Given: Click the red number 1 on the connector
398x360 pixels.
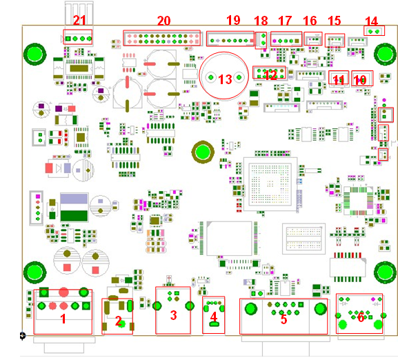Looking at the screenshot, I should click(x=63, y=319).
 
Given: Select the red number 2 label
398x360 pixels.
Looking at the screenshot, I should click(x=118, y=321).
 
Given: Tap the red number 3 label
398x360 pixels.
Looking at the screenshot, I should click(x=173, y=315).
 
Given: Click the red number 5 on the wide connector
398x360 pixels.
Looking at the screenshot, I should click(x=283, y=319).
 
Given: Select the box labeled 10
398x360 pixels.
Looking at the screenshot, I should click(x=360, y=79).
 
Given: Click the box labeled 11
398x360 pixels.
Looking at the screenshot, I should click(x=338, y=79).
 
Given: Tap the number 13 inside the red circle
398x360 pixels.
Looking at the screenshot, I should click(x=225, y=79).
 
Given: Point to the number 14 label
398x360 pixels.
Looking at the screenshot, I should click(x=371, y=21).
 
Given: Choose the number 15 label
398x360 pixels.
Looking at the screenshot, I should click(x=335, y=21).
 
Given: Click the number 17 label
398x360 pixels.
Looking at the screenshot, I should click(x=285, y=21).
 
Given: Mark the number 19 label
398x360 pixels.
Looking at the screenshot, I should click(x=232, y=21).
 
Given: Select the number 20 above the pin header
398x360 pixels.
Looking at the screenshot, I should click(x=163, y=21).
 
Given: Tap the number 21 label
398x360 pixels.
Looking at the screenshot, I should click(x=80, y=21).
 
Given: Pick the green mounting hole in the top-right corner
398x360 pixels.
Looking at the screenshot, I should click(x=384, y=53).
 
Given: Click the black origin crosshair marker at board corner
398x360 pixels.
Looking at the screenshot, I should click(x=23, y=336).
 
